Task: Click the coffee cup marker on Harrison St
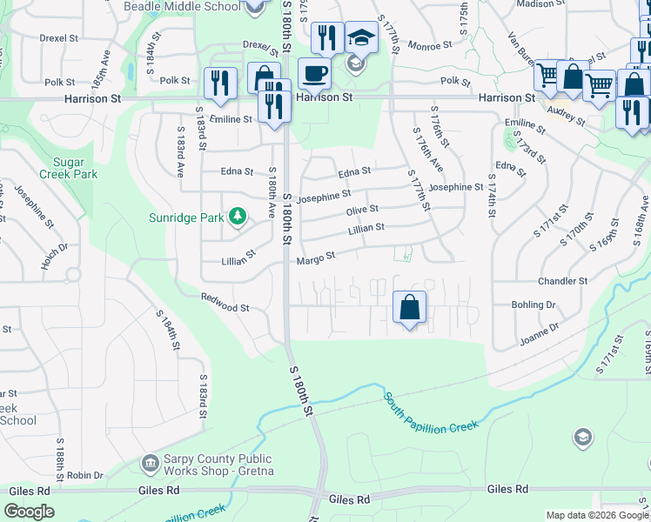pyautogui.click(x=314, y=73)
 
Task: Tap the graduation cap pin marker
pyautogui.click(x=361, y=37)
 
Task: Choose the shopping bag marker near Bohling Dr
pyautogui.click(x=409, y=307)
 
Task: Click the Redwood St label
pyautogui.click(x=225, y=307)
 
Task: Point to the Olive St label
pyautogui.click(x=362, y=210)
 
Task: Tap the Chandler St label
pyautogui.click(x=557, y=281)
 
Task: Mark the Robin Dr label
pyautogui.click(x=85, y=475)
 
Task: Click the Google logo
pyautogui.click(x=29, y=512)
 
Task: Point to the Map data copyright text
pyautogui.click(x=597, y=515)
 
